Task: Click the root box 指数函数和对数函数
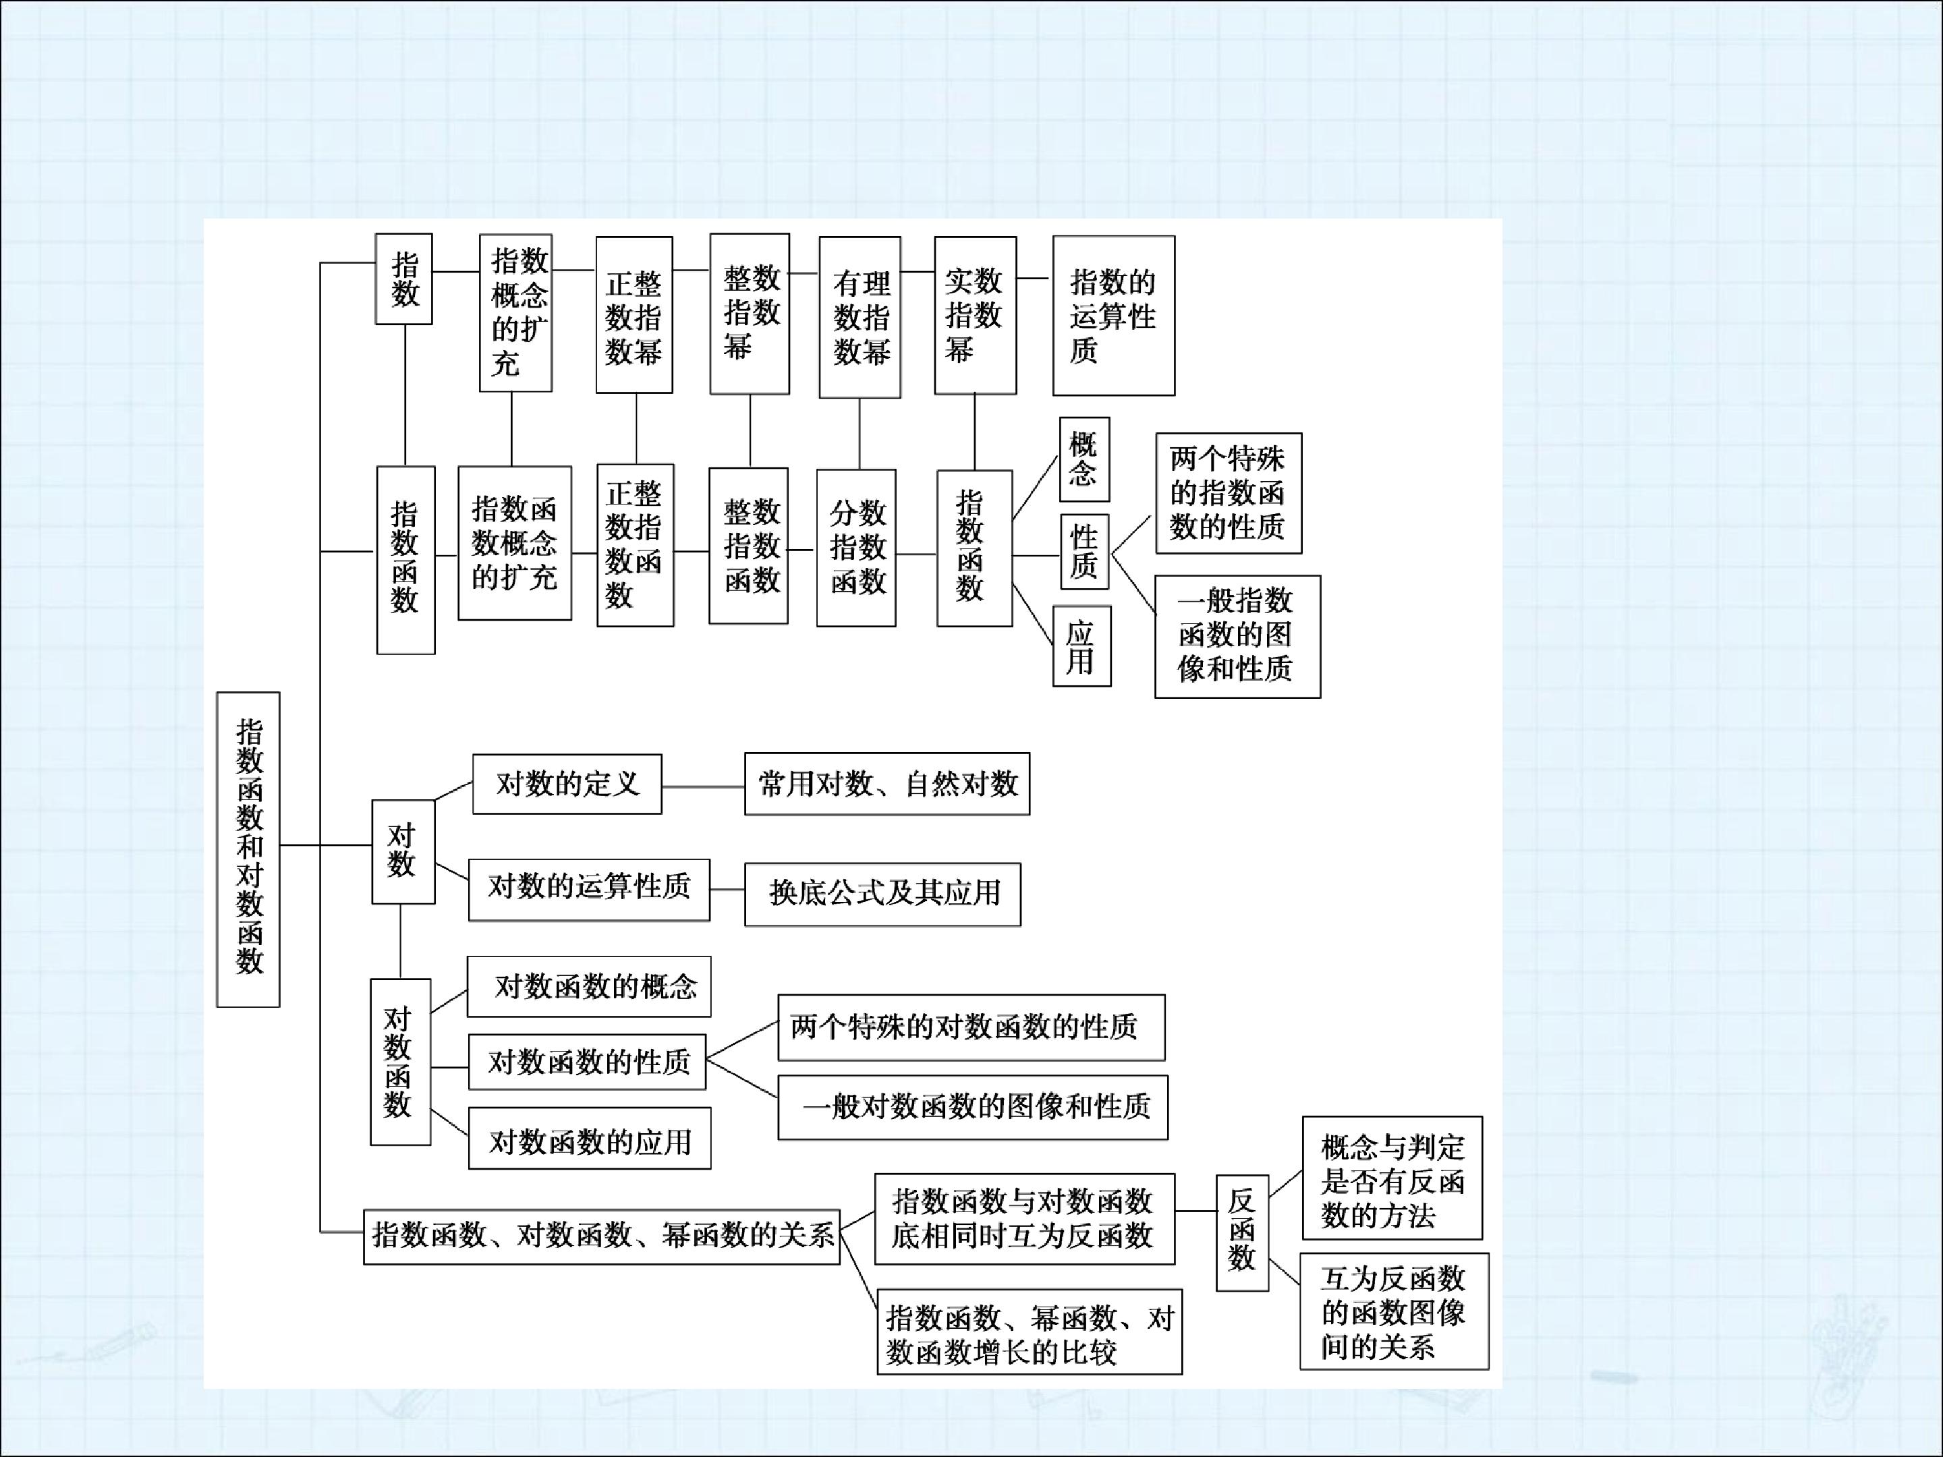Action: pos(248,849)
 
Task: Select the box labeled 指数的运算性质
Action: pos(1113,315)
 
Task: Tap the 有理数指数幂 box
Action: pos(859,317)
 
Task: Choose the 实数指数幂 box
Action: pos(975,315)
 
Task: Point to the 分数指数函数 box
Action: pos(855,548)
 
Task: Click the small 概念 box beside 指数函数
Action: pos(1084,459)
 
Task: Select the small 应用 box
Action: pos(1081,646)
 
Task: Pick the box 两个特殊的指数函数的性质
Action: pos(1228,492)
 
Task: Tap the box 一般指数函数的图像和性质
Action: pos(1237,637)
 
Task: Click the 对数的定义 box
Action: pos(567,783)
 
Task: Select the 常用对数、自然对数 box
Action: pos(887,783)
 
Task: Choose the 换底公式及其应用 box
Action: pos(882,894)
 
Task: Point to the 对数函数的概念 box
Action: pos(588,986)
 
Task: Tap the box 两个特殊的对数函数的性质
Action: pos(971,1027)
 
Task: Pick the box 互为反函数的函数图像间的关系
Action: pos(1394,1311)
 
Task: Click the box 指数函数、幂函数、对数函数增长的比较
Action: pos(1030,1332)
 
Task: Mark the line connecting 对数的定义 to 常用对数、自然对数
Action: pos(703,787)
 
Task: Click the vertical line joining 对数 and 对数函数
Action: pos(401,940)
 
